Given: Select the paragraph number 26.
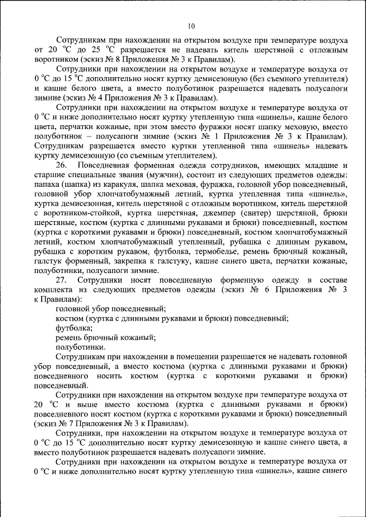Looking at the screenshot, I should point(62,166).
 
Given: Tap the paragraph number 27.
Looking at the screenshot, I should point(62,279).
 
